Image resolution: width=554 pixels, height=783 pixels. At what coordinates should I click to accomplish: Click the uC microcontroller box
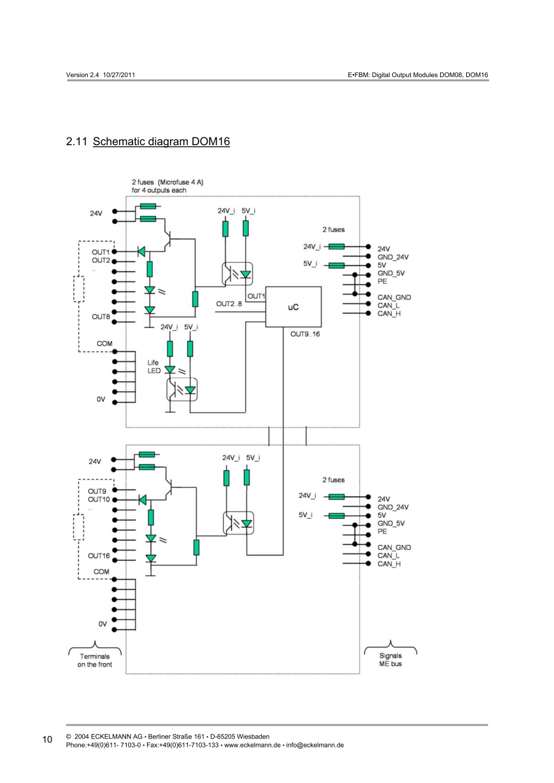294,307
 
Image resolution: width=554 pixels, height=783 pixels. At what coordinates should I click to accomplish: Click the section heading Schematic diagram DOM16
161,141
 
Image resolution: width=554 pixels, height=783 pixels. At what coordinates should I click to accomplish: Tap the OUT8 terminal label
101,316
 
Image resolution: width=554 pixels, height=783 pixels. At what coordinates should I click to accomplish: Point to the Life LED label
154,367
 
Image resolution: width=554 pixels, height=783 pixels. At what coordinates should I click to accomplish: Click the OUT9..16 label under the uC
305,334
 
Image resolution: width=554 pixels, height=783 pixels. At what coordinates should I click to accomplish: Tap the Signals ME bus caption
390,660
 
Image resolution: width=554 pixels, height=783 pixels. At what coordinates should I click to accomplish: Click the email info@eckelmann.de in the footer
315,744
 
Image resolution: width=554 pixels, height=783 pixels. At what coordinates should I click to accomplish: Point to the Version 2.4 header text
99,75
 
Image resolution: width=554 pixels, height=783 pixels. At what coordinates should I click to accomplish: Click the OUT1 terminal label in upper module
101,251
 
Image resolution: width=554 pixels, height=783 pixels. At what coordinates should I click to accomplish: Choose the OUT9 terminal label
97,491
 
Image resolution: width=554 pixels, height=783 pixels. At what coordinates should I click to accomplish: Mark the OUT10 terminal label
99,500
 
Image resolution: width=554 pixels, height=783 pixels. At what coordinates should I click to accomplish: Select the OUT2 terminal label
101,260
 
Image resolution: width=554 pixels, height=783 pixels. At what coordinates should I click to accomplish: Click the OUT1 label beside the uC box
256,296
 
